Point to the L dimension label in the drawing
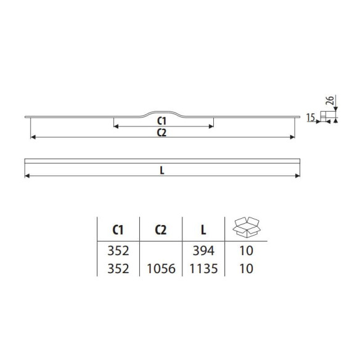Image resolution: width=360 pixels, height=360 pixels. tap(161, 172)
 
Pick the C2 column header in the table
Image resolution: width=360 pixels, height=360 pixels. tap(160, 230)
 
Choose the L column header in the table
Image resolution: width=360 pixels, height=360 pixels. tap(202, 230)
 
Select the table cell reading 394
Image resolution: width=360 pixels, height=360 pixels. tap(202, 252)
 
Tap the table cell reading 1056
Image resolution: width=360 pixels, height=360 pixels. tap(160, 269)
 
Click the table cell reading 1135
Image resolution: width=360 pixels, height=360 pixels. tap(202, 269)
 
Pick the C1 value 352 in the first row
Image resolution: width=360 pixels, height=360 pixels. tap(118, 252)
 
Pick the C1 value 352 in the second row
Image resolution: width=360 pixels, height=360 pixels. tap(118, 269)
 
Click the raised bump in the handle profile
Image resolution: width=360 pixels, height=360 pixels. tap(162, 112)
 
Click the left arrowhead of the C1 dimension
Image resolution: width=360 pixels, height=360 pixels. tap(116, 126)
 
